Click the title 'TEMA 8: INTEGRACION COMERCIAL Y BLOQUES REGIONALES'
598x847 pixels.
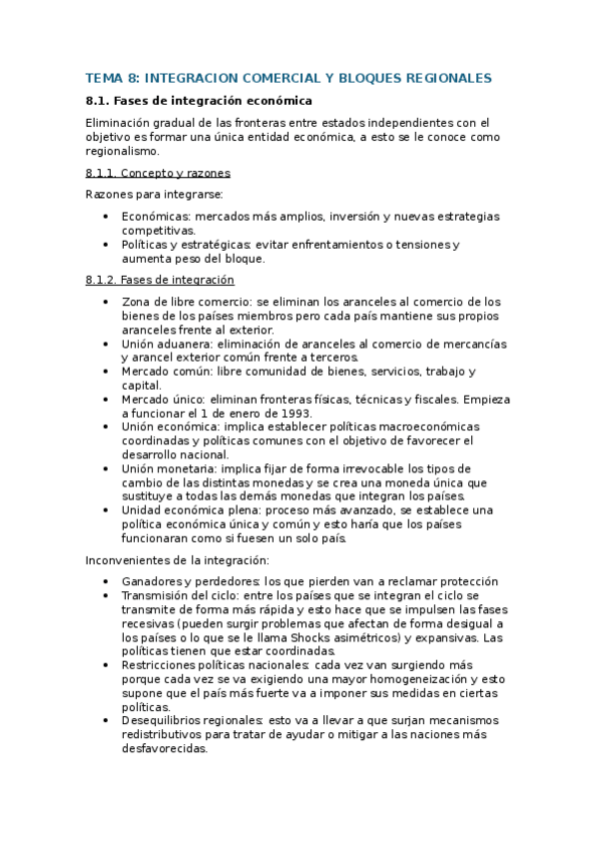(289, 77)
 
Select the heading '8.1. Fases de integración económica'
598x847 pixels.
(199, 101)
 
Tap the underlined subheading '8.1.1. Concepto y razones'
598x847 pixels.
(158, 173)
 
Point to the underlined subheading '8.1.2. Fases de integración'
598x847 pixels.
(160, 280)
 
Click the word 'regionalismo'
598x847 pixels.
(122, 151)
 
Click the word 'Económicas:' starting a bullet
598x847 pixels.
(156, 216)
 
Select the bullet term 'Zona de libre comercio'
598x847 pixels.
(186, 302)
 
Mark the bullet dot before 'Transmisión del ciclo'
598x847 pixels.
(107, 595)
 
